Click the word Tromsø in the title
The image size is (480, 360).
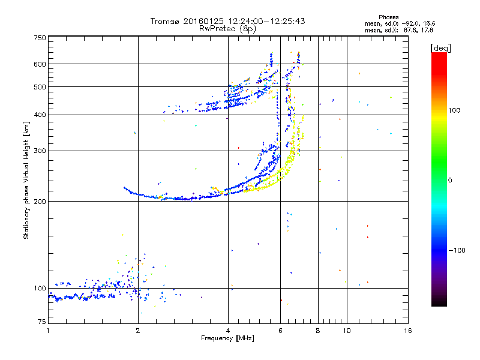point(166,21)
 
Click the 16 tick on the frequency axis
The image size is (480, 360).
point(407,331)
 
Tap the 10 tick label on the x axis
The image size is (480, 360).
point(346,331)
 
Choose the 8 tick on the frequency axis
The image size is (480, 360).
point(318,331)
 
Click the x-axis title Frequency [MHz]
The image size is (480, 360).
point(227,339)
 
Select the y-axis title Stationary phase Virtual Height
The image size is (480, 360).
point(26,180)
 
